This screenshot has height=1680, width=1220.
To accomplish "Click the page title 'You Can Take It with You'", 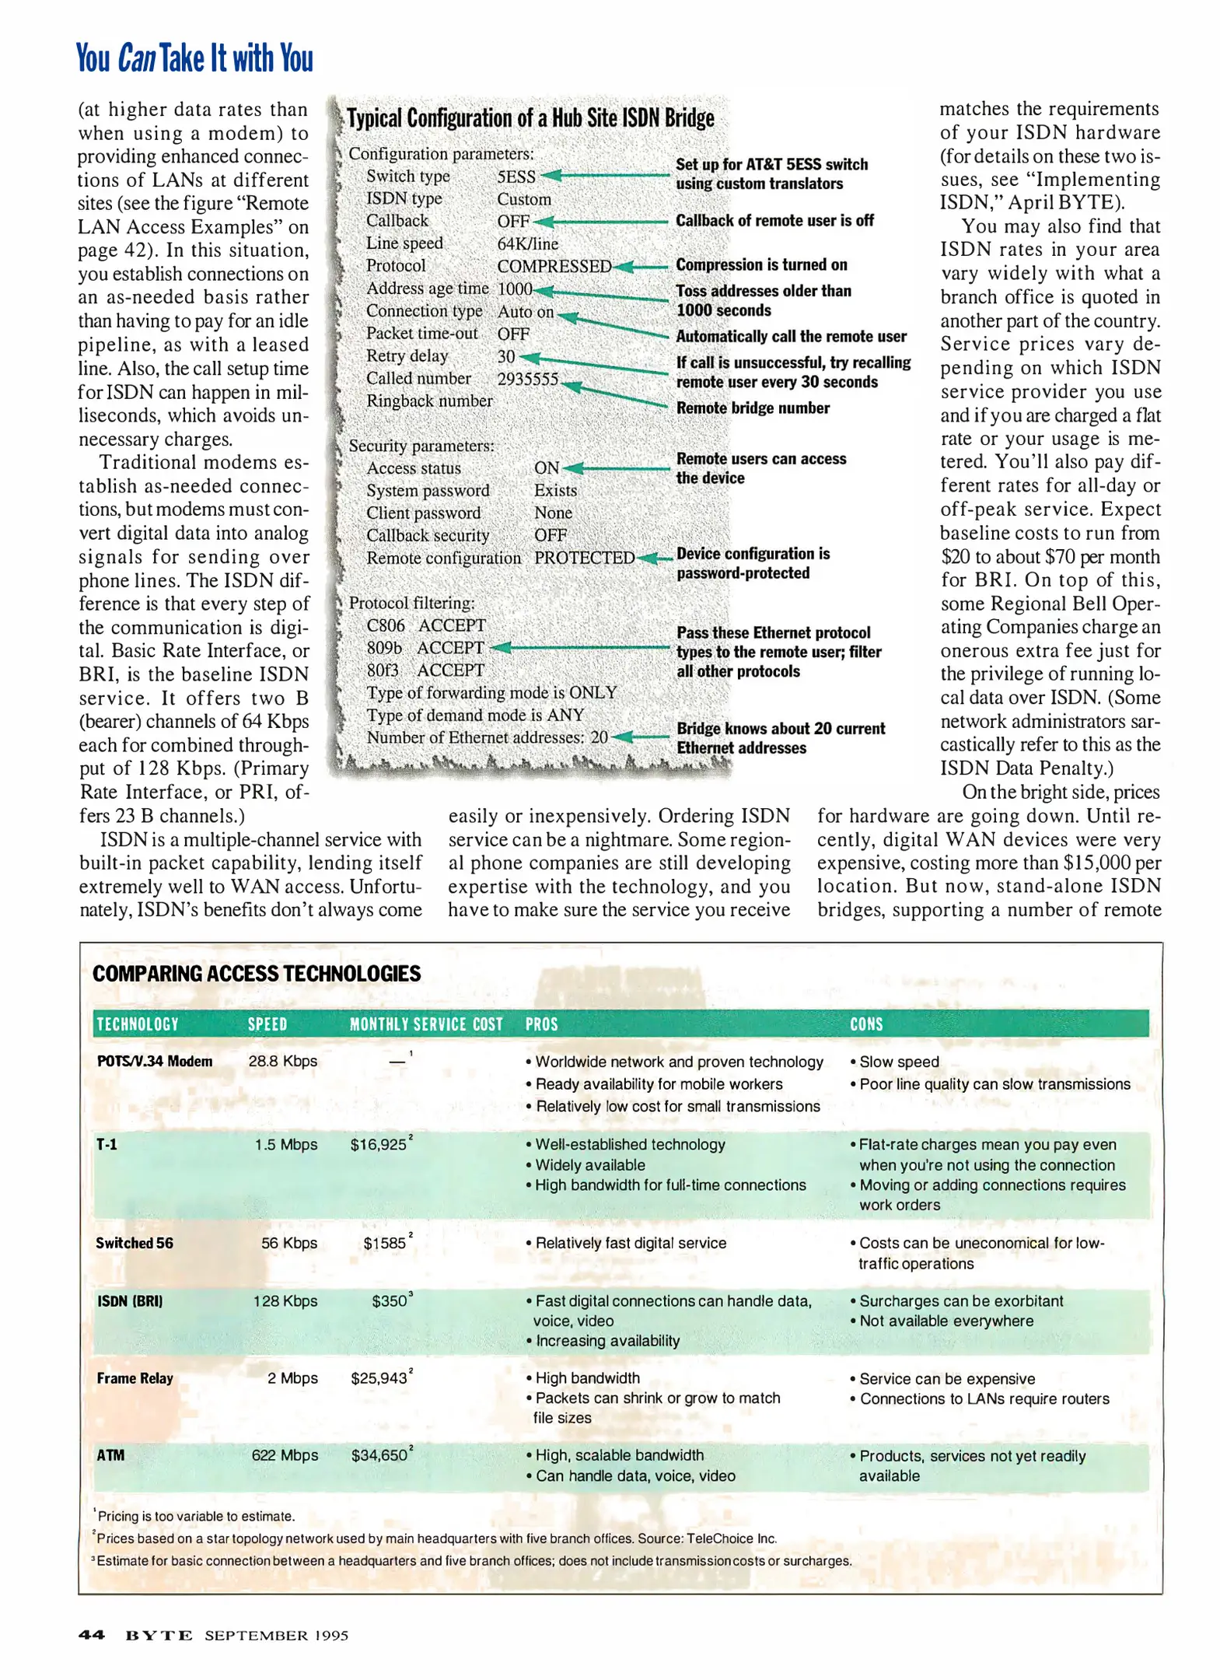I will (194, 58).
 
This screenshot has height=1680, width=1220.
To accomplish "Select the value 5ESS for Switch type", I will (516, 177).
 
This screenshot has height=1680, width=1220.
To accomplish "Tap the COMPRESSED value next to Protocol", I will (553, 266).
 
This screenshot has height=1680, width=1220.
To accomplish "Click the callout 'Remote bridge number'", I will (752, 408).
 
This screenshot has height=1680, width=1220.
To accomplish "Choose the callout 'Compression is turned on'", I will (760, 264).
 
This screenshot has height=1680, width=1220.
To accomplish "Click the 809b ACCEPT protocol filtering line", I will (425, 647).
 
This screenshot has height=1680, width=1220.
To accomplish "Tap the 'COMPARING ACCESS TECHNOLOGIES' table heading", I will (256, 973).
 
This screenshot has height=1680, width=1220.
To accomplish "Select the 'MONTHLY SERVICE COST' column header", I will (425, 1024).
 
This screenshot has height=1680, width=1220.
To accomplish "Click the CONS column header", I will (865, 1024).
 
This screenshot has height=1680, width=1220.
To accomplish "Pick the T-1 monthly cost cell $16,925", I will (378, 1144).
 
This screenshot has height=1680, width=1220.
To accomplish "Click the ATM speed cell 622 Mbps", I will (284, 1454).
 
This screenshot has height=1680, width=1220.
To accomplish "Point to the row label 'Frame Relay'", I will (135, 1377).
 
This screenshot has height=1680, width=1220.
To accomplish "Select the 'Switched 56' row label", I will (134, 1242).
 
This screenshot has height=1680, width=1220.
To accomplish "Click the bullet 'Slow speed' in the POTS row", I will (898, 1061).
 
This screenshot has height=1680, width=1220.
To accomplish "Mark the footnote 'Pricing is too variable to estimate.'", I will (195, 1515).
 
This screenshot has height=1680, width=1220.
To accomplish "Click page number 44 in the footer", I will (91, 1634).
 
